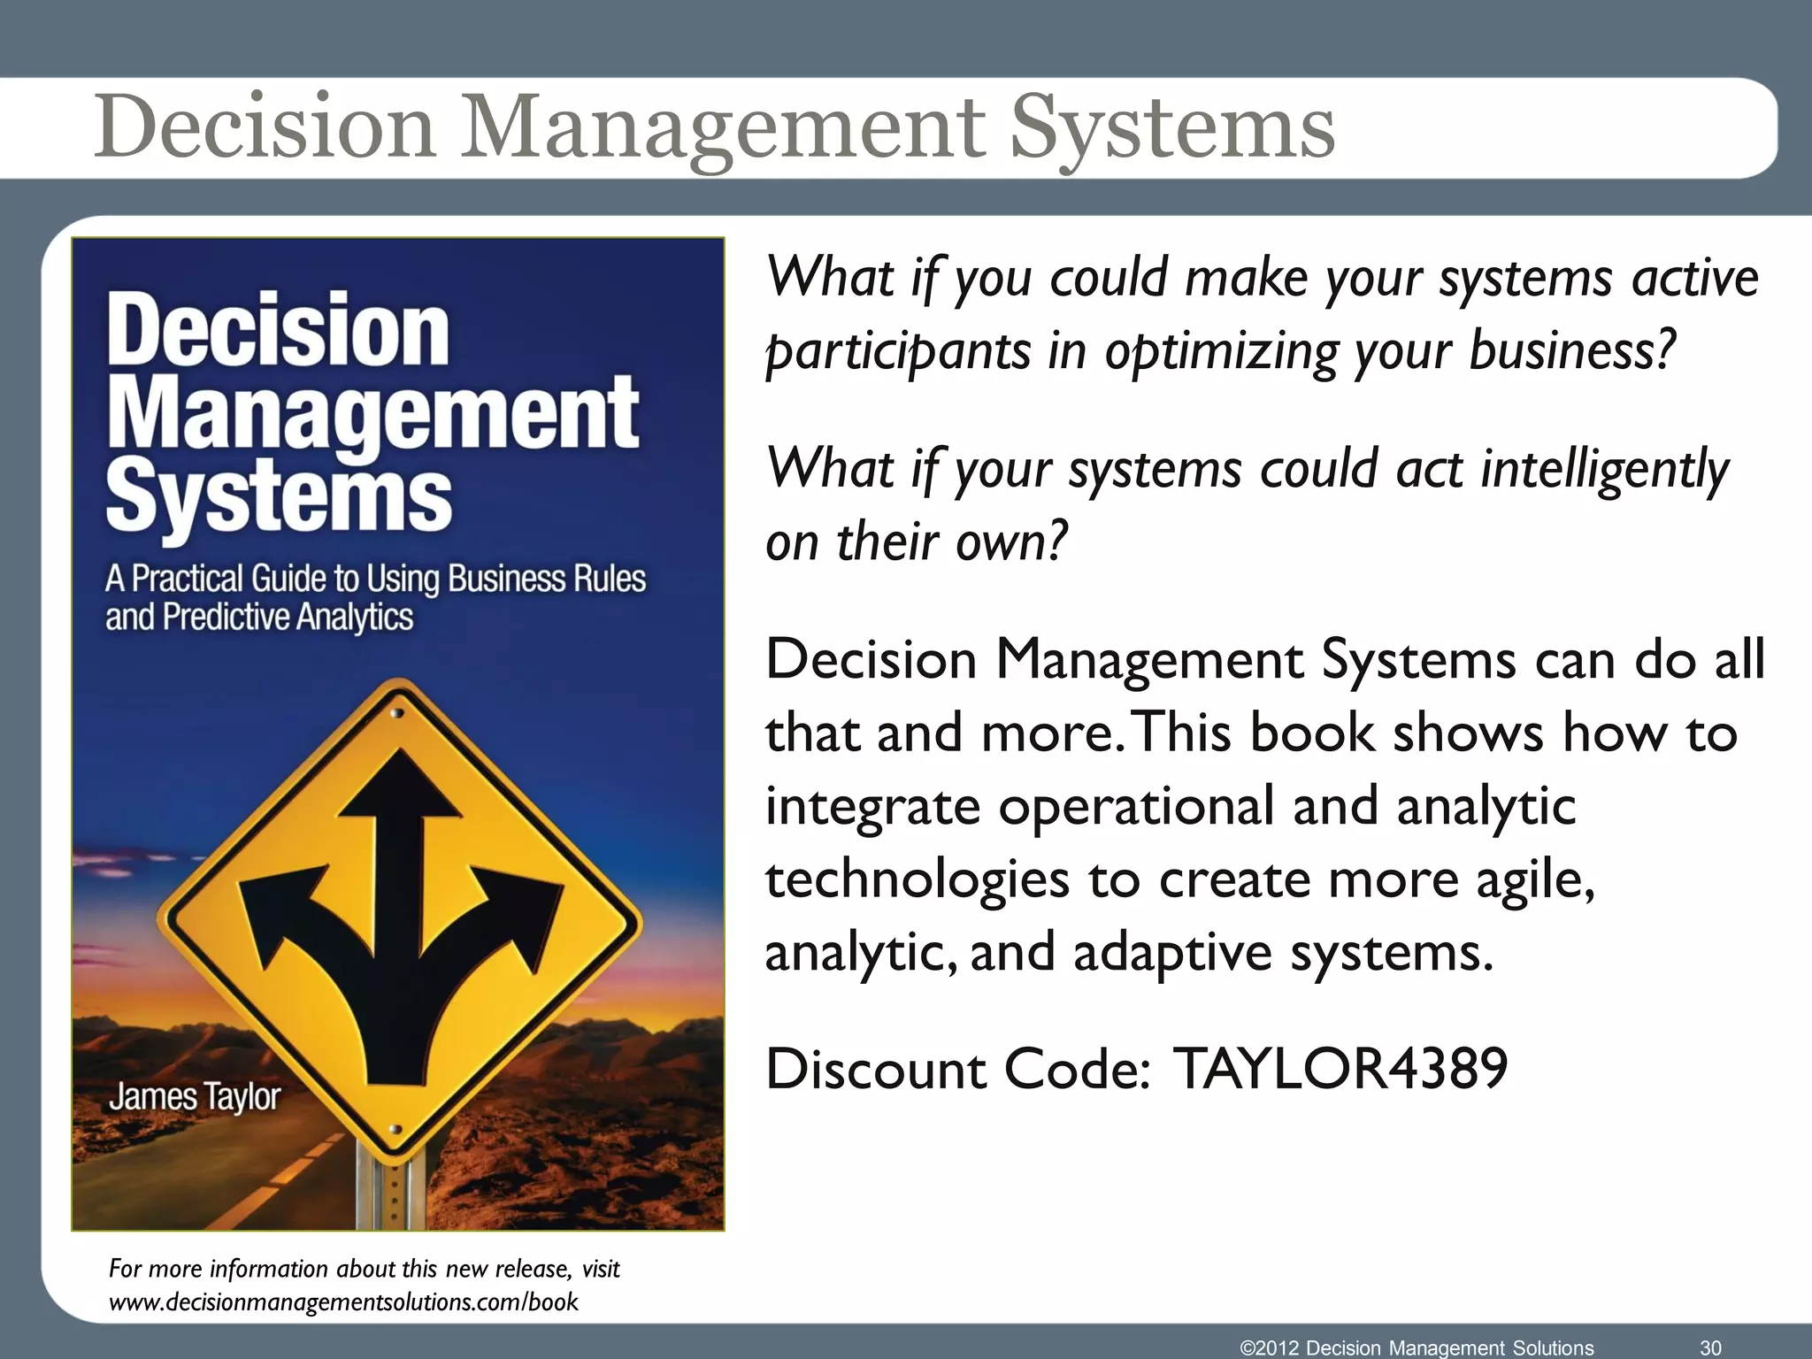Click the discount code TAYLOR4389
pyautogui.click(x=1340, y=1069)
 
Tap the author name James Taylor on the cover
pyautogui.click(x=195, y=1097)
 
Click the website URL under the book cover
pyautogui.click(x=343, y=1302)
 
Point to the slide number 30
pyautogui.click(x=1710, y=1347)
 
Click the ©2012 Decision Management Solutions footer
pyautogui.click(x=1417, y=1347)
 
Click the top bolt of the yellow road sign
pyautogui.click(x=397, y=713)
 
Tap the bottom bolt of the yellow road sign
pyautogui.click(x=395, y=1130)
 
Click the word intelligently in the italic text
pyautogui.click(x=1604, y=469)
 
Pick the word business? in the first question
pyautogui.click(x=1572, y=351)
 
